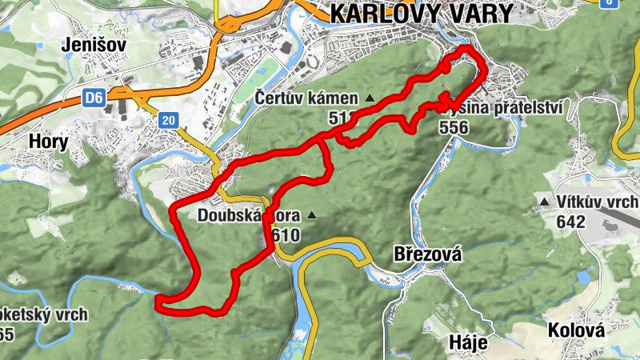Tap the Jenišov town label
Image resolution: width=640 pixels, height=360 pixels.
point(94,46)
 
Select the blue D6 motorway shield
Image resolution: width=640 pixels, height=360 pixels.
point(94,98)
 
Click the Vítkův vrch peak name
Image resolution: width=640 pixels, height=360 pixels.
point(592,202)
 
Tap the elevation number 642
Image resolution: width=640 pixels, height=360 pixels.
point(570,222)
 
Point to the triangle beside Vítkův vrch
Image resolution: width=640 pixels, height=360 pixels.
point(545,202)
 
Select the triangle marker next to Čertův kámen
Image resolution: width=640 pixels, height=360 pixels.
point(369,98)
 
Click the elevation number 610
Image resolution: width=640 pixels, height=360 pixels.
point(286,235)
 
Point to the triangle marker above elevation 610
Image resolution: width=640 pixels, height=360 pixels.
point(312,215)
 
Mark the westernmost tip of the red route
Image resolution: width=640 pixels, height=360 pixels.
point(158,301)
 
